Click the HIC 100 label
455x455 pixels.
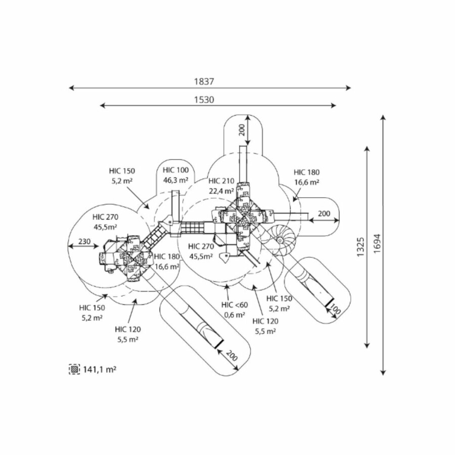[x=176, y=170]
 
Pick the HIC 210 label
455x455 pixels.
[x=221, y=181]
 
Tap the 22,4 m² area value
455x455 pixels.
[x=221, y=191]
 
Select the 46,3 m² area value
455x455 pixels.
[x=176, y=179]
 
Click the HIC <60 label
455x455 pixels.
[x=235, y=305]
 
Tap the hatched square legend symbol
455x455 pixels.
[x=75, y=370]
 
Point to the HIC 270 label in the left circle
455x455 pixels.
[x=106, y=217]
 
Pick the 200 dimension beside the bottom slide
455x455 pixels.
[x=232, y=356]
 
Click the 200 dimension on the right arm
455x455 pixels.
[x=325, y=213]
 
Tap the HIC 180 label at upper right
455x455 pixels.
[x=306, y=172]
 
